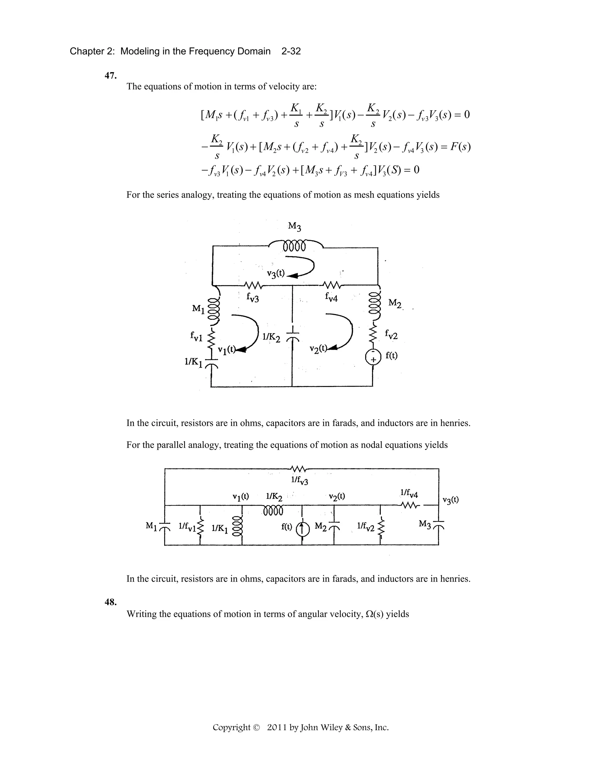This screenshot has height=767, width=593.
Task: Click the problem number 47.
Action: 111,76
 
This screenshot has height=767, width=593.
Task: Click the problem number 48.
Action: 111,602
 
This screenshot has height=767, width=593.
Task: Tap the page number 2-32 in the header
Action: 291,51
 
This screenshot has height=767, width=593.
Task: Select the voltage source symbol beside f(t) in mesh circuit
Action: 373,357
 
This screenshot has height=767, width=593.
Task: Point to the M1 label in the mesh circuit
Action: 198,309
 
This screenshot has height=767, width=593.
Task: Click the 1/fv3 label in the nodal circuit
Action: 300,480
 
